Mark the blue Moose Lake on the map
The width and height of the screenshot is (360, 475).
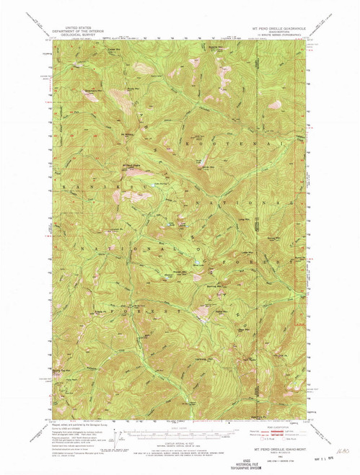(195, 264)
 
